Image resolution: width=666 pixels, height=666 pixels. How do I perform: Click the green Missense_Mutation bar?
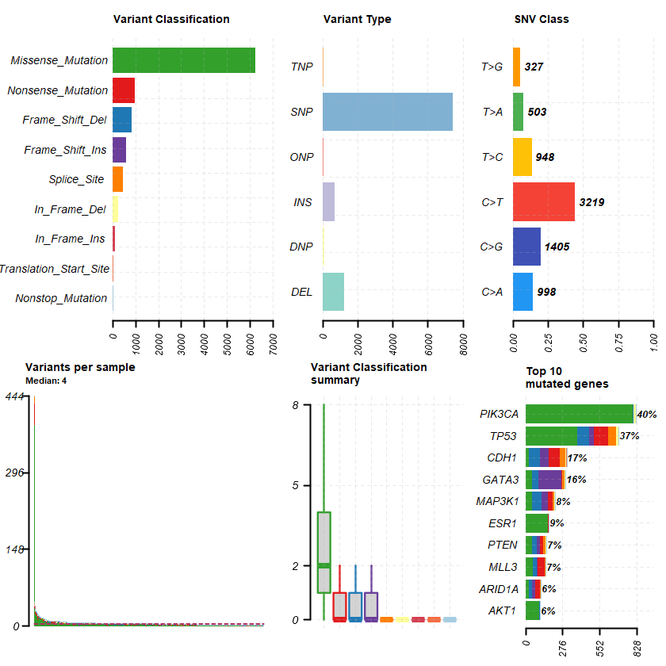[184, 60]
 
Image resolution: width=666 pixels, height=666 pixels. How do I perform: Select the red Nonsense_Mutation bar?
[124, 90]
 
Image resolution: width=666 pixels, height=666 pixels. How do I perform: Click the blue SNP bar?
[388, 112]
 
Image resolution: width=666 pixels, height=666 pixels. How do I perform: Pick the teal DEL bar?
[333, 292]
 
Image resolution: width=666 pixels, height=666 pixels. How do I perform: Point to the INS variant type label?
[303, 202]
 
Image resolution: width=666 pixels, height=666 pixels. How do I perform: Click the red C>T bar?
[544, 202]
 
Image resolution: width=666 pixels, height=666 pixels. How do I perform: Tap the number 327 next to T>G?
[534, 67]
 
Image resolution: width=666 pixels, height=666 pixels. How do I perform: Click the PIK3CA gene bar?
[580, 414]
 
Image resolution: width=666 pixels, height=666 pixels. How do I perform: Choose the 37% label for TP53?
[630, 436]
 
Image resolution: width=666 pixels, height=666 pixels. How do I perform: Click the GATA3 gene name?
[500, 480]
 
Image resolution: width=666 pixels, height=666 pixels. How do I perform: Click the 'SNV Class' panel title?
[542, 19]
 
